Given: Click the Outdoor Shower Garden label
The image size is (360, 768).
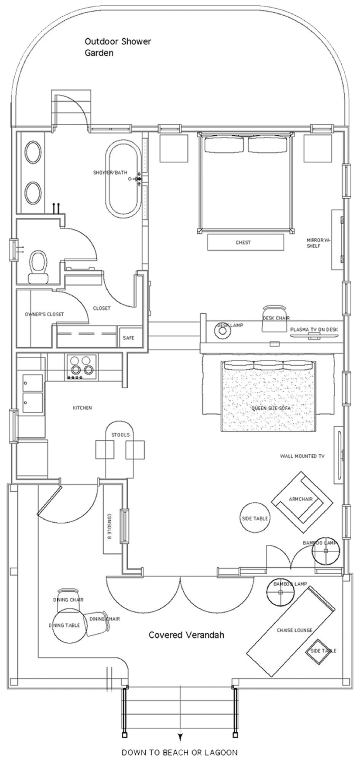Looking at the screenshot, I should coord(118,47).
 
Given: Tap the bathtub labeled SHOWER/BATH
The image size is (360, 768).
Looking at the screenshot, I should coord(123,179).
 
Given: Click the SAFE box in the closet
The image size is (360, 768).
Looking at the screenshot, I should coord(129,338).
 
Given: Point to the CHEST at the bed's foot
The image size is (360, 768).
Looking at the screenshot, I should coord(243,243).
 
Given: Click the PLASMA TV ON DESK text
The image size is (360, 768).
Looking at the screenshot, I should coord(314,329).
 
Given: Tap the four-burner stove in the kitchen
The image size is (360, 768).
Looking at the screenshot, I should coord(82,366).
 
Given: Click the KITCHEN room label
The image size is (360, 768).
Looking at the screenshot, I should coord(82,408).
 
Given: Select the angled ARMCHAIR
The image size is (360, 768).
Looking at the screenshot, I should coord(302,501).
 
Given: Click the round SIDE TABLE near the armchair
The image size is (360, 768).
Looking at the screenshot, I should coord(255,518).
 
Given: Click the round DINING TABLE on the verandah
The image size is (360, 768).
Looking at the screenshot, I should coord(68,625).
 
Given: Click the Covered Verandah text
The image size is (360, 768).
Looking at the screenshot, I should coord(186,635).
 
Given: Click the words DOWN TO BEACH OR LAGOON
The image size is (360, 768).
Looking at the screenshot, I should coord(180,752).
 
